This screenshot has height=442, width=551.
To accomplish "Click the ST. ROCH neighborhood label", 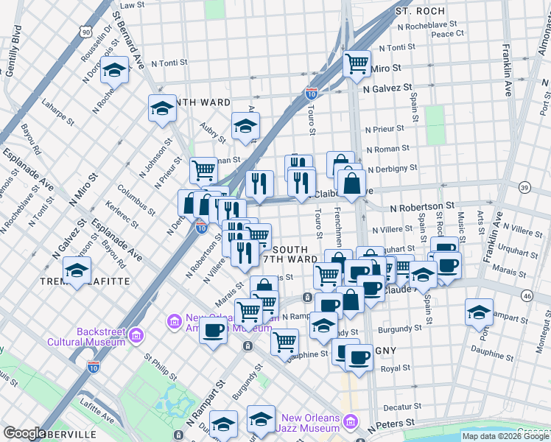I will [420, 11].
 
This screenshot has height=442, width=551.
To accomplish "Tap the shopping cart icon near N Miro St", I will [357, 65].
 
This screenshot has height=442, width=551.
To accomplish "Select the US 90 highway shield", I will [86, 32].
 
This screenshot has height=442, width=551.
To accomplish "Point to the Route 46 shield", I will [526, 295].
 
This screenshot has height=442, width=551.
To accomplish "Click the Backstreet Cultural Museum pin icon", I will [136, 337].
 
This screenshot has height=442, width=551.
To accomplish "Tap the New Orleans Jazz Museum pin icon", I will [350, 422].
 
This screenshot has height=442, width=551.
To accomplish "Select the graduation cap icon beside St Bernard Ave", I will [113, 71].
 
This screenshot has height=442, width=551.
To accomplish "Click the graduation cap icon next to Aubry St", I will [246, 126].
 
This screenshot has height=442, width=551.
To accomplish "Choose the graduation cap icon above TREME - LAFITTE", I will [77, 270].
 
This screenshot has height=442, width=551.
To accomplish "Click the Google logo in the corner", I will [24, 433].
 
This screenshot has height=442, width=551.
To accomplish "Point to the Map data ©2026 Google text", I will [505, 436].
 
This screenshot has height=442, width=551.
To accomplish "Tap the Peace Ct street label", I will [447, 33].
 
